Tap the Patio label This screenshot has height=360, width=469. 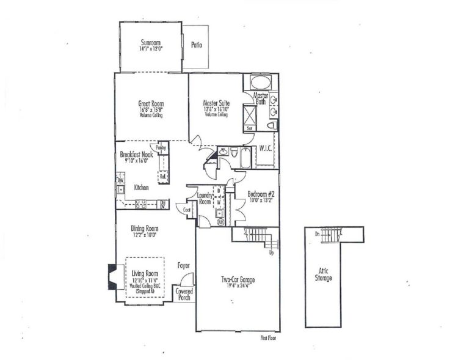[196, 45]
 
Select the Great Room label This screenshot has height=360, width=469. [150, 104]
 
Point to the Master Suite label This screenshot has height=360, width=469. [216, 104]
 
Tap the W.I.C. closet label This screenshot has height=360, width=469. [266, 148]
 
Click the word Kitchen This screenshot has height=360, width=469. [141, 188]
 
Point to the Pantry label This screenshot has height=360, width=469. [161, 148]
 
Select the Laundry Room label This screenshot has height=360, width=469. [204, 198]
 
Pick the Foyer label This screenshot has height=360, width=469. [183, 265]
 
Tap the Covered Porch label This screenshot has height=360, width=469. [184, 295]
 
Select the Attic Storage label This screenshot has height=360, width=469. [323, 275]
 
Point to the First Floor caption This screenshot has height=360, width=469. [269, 337]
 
